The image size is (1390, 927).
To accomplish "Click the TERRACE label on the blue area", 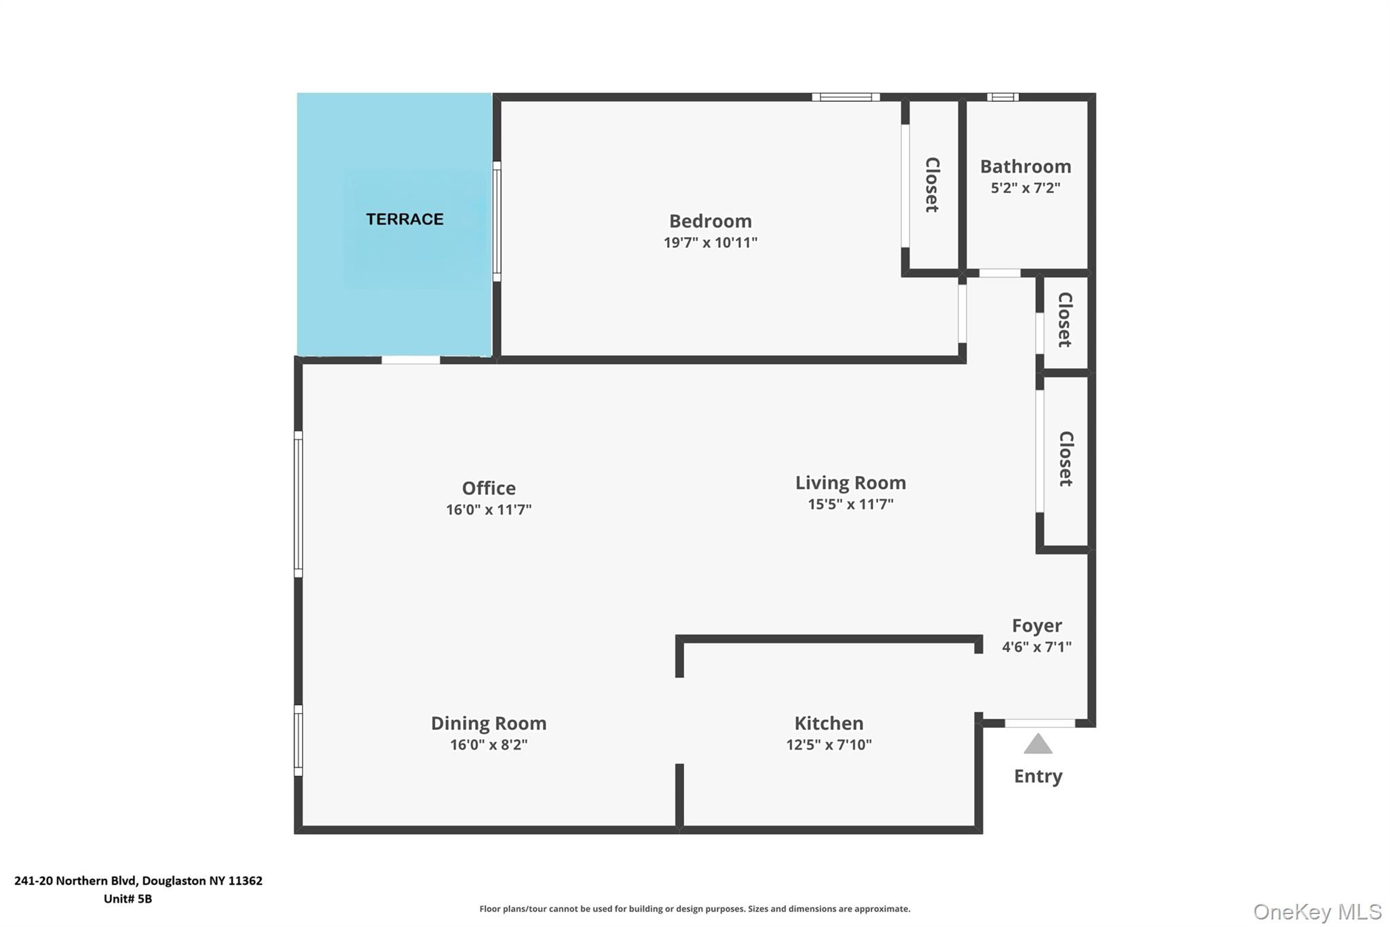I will coord(405,219).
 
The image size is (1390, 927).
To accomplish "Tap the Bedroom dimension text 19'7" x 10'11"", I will coord(710,242).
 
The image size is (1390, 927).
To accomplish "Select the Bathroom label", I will coord(1025,166).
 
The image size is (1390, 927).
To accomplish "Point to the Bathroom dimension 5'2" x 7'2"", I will coord(1025,188).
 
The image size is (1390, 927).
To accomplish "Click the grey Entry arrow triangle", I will coord(1038,744).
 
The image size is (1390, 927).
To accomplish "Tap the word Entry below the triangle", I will coord(1038,776).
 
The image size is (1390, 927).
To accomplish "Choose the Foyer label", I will coord(1036,625).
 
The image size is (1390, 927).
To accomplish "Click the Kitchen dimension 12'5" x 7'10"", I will coord(828,745).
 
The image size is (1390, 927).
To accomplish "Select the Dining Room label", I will coord(488,723).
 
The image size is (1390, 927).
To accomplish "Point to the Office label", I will coord(488,488).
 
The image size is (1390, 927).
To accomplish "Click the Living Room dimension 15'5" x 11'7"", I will coord(850,505).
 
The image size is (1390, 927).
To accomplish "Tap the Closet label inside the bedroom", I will coord(933,185).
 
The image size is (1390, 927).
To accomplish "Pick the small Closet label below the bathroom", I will coord(1065,320).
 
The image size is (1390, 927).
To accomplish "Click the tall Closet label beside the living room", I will coord(1066,459).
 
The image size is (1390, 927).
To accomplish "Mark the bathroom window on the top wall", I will coord(1002,97).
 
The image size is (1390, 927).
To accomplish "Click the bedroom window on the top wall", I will coord(846,97).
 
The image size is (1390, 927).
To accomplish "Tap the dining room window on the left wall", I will coord(298,740).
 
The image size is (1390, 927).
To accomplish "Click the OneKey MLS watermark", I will coord(1317,911).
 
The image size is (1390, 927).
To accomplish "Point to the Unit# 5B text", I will coord(128,899).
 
